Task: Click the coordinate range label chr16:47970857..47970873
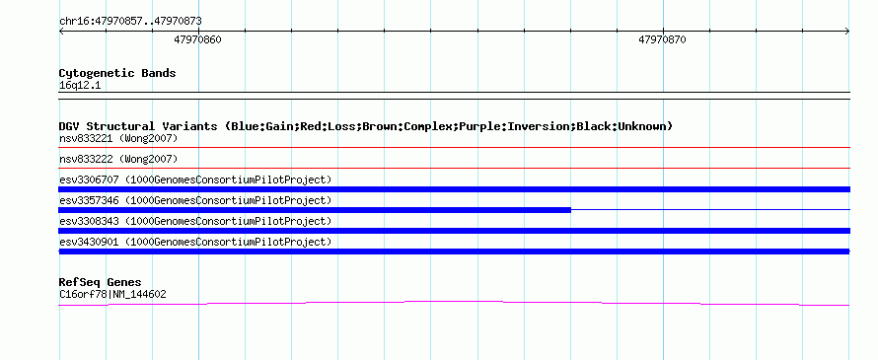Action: [x=130, y=22]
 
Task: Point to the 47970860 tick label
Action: [x=197, y=39]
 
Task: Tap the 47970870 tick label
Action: [x=662, y=39]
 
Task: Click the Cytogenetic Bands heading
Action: [x=117, y=73]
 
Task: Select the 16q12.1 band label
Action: [x=80, y=86]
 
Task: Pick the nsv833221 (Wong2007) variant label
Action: [x=118, y=138]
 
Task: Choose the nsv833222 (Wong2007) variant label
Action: [x=118, y=159]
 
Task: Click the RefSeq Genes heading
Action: [x=100, y=282]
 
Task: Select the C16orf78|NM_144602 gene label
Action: [x=112, y=295]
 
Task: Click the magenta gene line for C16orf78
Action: [x=454, y=303]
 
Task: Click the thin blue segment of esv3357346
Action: [x=710, y=209]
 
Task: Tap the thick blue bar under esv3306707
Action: [x=454, y=189]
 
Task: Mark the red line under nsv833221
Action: [x=454, y=147]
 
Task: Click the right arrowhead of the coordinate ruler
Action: [x=847, y=31]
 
